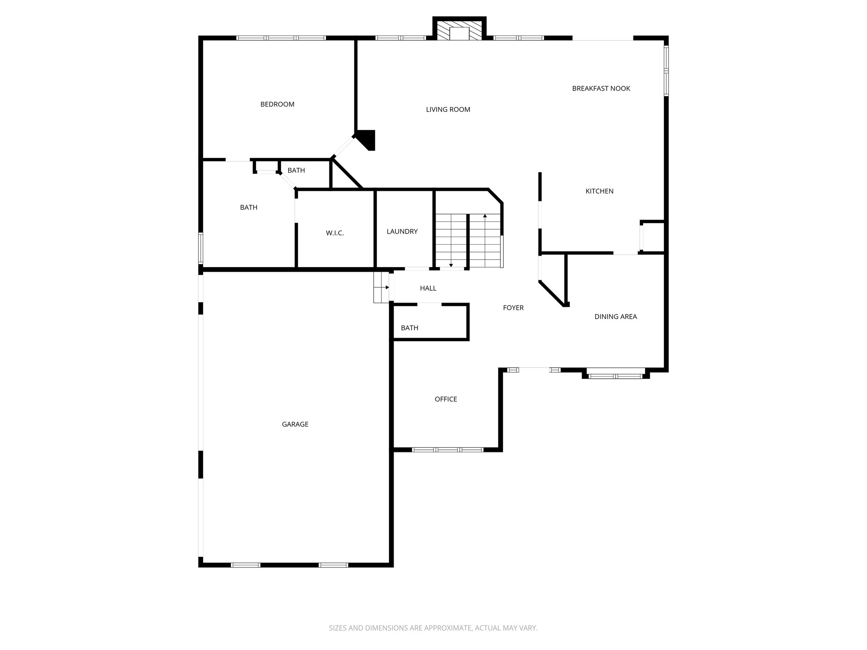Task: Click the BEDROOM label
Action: click(277, 105)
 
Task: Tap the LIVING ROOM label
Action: click(448, 110)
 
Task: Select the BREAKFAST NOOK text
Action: click(601, 88)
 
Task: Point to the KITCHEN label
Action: click(599, 191)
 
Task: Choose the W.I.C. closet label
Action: click(335, 233)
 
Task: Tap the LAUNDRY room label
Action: click(402, 231)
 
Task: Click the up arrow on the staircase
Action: click(485, 216)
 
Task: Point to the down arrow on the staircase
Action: click(451, 265)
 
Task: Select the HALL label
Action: click(428, 288)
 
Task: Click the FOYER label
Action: click(513, 308)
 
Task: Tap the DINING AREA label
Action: click(615, 317)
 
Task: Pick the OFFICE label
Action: click(446, 399)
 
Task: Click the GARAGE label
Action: click(295, 424)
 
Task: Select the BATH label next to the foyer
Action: click(409, 328)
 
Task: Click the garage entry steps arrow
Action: click(387, 287)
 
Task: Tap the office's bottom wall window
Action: click(447, 449)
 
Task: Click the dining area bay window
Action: click(616, 376)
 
